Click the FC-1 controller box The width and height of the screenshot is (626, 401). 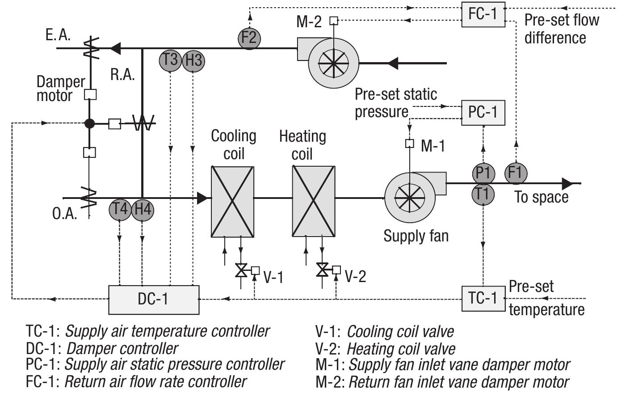coord(483,14)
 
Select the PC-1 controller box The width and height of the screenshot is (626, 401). coord(483,112)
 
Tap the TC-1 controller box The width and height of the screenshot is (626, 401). coord(483,298)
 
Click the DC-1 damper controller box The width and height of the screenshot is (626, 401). coord(154,299)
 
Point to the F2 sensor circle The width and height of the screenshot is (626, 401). coord(249,38)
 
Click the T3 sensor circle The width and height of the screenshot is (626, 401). coord(170,60)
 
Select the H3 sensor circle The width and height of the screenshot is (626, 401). coord(193,60)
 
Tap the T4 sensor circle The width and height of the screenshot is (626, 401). coord(120,209)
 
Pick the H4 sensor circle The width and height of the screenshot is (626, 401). coord(143,209)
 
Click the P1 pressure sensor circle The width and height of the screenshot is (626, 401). coord(483,173)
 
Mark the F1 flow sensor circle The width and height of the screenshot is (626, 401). coord(516,173)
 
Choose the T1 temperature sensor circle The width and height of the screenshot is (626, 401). coord(483,194)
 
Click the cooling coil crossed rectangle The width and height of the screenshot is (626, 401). coord(232,202)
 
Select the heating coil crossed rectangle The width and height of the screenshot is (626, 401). coord(314,202)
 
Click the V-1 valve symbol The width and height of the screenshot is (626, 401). coord(241,270)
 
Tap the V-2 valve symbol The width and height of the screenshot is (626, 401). coord(322,270)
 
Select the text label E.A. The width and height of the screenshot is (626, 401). coord(58,35)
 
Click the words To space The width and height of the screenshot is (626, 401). coord(541,197)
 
